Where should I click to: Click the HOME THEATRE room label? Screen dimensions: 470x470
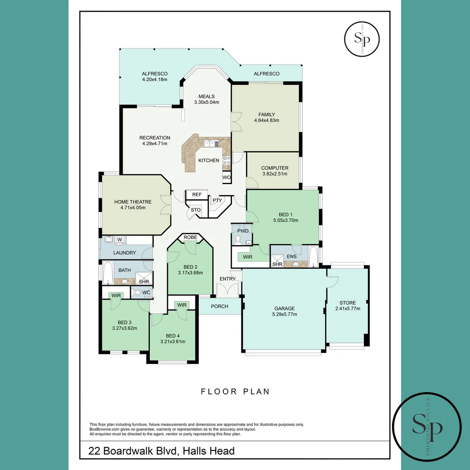133,202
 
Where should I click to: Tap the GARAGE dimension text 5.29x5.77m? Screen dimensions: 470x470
284,314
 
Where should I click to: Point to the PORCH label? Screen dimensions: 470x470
219,306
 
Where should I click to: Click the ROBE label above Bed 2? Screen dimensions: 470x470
190,238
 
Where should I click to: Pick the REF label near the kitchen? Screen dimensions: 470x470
197,195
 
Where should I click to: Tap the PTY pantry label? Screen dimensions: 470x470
217,201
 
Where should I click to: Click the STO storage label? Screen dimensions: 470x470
196,210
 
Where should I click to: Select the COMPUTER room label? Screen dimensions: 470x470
275,168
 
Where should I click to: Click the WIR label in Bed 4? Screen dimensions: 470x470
182,305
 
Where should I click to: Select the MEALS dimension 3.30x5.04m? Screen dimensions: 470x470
206,102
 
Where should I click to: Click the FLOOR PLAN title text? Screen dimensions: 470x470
235,392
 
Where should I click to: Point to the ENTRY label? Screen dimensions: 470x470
228,279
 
